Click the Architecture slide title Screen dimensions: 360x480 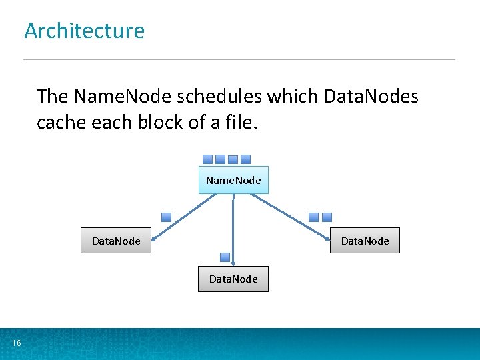(84, 31)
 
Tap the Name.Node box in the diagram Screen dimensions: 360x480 (233, 180)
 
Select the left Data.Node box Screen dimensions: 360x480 (116, 241)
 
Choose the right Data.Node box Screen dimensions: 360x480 (365, 241)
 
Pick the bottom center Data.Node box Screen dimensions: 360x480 (233, 279)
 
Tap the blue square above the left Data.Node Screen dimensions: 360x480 (167, 217)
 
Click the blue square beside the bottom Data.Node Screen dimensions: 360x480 (225, 257)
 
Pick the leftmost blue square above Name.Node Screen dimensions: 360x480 (207, 159)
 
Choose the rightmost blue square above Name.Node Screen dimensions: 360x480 (245, 159)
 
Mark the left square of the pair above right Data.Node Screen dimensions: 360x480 (314, 217)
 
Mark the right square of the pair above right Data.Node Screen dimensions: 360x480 (327, 217)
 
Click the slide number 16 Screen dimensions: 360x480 (16, 343)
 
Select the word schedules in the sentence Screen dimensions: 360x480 (219, 97)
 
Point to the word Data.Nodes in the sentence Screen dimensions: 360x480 (371, 97)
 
